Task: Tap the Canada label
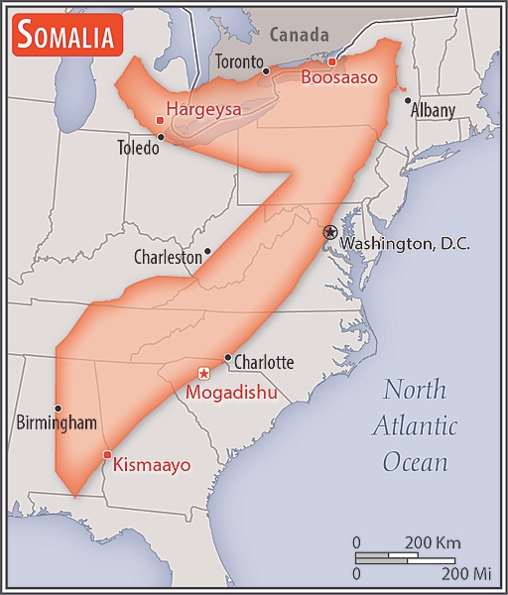pyautogui.click(x=300, y=34)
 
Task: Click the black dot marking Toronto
pyautogui.click(x=265, y=70)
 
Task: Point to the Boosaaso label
pyautogui.click(x=339, y=77)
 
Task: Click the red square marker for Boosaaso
pyautogui.click(x=332, y=61)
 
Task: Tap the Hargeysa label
pyautogui.click(x=203, y=109)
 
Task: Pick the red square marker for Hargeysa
pyautogui.click(x=160, y=121)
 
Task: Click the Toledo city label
pyautogui.click(x=137, y=150)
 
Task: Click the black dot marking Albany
pyautogui.click(x=407, y=99)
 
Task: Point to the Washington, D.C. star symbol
pyautogui.click(x=330, y=231)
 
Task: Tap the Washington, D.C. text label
pyautogui.click(x=405, y=244)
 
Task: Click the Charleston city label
pyautogui.click(x=168, y=257)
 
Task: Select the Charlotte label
pyautogui.click(x=264, y=362)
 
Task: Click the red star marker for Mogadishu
pyautogui.click(x=203, y=373)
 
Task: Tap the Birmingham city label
pyautogui.click(x=57, y=423)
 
